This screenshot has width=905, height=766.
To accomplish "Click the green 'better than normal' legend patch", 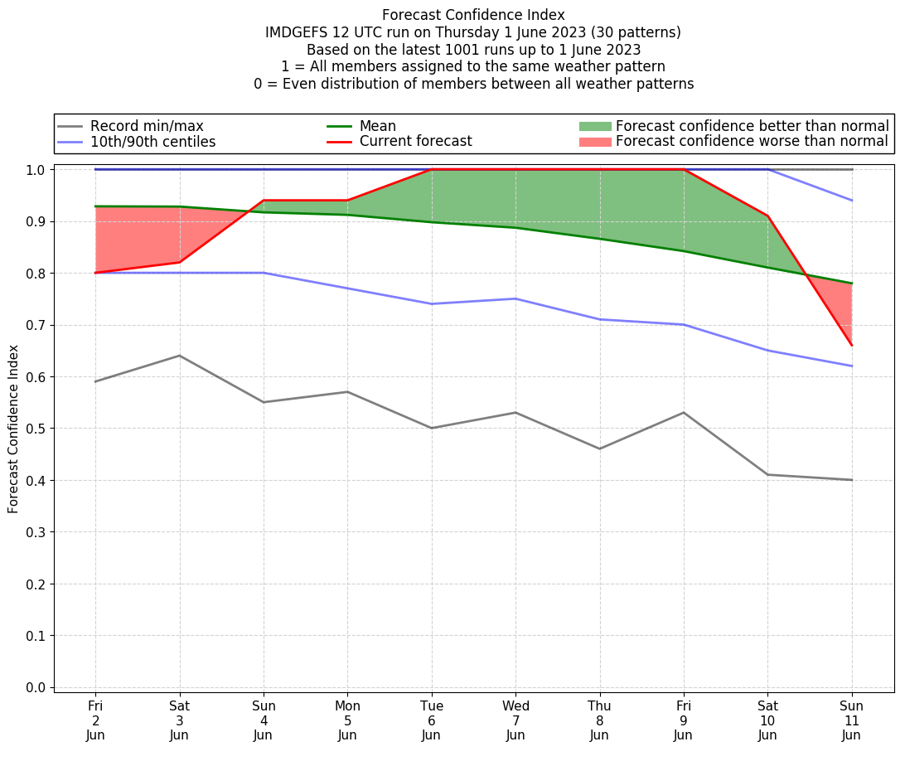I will coord(594,126).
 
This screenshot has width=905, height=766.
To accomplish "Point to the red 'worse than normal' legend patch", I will coord(594,142).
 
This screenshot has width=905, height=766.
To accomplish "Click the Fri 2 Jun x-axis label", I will coord(95,720).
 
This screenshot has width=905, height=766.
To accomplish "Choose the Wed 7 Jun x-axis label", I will coord(515,720).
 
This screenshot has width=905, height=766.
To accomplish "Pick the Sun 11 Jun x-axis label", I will coord(852,720).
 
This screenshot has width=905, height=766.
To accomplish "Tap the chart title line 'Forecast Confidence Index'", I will coord(473,15).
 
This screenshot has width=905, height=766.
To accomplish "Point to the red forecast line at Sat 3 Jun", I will coord(180,263).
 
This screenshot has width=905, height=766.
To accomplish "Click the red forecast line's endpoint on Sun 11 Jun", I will coord(852,345).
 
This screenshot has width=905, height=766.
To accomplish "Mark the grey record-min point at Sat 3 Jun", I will coord(180,356).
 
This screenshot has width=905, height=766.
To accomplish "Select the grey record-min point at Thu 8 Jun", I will coord(600,448).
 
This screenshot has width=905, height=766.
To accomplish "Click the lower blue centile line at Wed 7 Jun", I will coord(515,298).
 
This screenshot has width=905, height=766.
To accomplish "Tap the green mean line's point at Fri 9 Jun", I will coord(684,251).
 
